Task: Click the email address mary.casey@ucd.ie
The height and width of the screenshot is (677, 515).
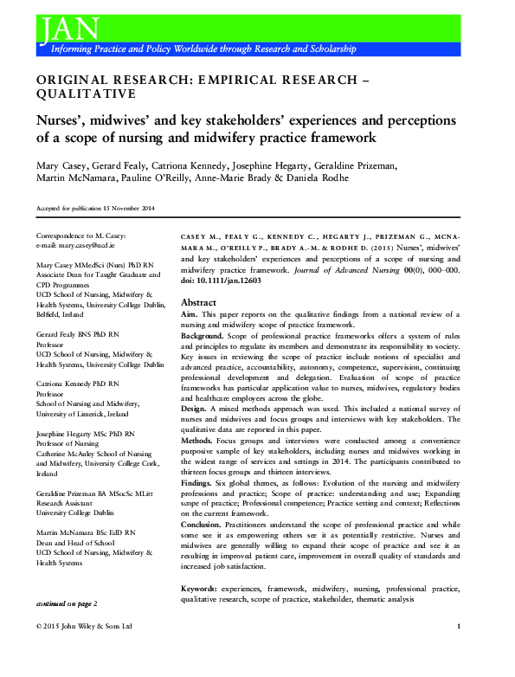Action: coord(87,245)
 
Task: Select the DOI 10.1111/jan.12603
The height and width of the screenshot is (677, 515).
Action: coord(220,280)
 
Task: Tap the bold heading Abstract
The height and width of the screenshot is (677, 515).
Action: coord(198,302)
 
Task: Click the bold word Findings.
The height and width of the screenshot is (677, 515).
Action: coord(197,484)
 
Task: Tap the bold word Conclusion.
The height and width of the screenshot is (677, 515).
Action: coord(201,524)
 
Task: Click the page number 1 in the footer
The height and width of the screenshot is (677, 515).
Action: coord(458,625)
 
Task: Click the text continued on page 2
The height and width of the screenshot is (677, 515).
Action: coord(67,602)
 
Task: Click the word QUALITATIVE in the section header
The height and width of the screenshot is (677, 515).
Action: coord(86,93)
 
